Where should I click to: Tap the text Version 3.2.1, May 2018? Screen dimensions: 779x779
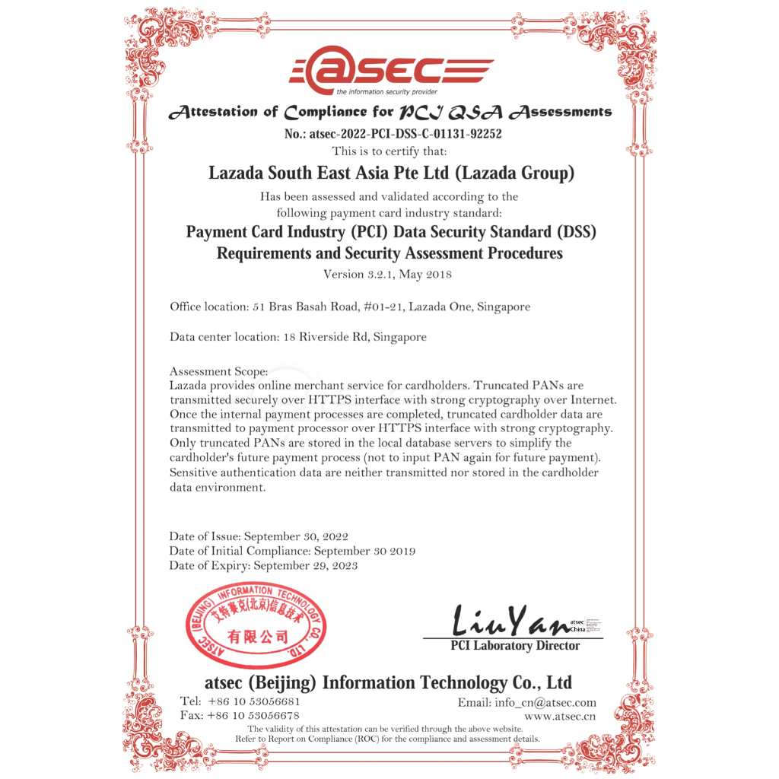(x=387, y=274)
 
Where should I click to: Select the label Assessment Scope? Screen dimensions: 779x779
(x=218, y=371)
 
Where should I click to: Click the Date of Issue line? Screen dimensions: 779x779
(x=259, y=536)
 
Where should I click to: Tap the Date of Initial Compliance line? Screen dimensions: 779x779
(x=292, y=551)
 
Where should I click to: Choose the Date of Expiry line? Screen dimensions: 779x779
(x=263, y=565)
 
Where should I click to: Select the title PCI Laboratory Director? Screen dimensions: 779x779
(x=514, y=646)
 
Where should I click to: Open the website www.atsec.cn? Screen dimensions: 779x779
(x=560, y=716)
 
